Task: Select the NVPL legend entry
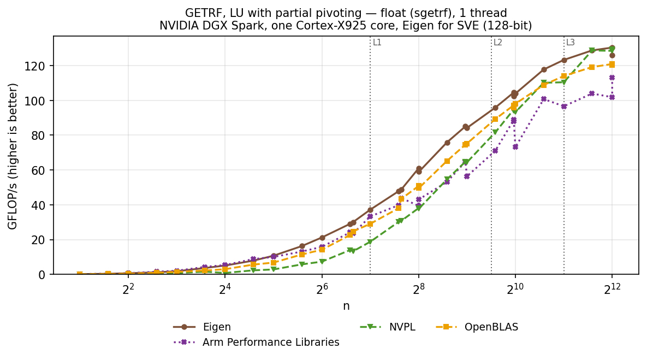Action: coord(388,327)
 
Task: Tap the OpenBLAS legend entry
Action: coord(477,327)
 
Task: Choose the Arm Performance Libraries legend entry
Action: coord(256,343)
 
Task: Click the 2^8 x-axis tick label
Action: coord(418,288)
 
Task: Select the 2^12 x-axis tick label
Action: coord(612,288)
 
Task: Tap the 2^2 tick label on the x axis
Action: coord(128,288)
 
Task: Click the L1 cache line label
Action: coord(377,43)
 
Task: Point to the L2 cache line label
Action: coord(498,43)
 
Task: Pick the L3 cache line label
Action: coord(570,43)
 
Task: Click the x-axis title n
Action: coord(346,306)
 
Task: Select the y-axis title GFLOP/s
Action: coord(13,156)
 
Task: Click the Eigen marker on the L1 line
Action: coord(370,210)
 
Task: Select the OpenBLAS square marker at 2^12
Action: coord(612,64)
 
